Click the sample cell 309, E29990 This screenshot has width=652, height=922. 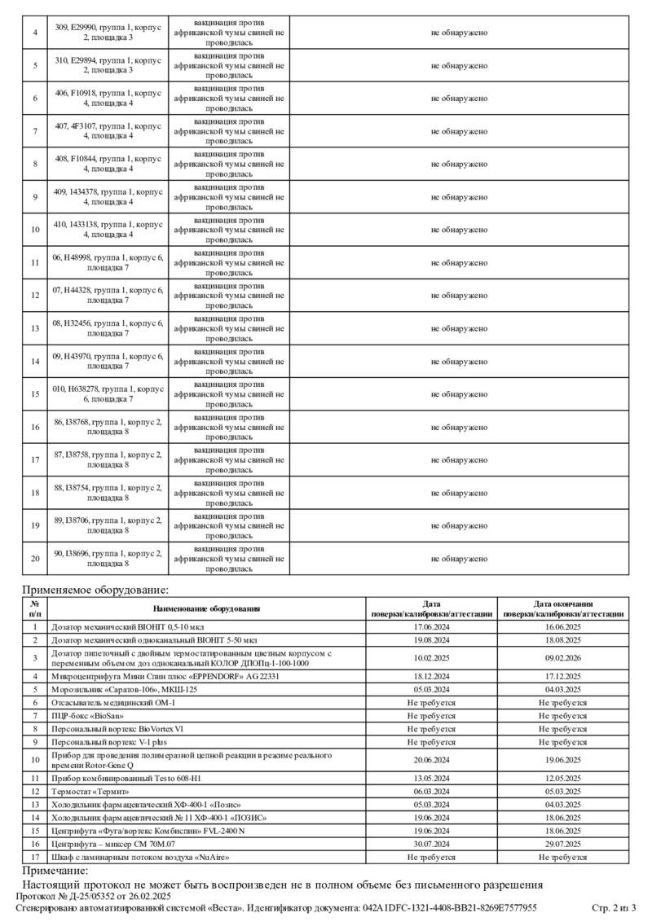click(108, 32)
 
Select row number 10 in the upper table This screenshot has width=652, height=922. click(35, 230)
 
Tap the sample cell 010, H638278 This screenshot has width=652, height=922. click(108, 394)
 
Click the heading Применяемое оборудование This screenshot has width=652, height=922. click(95, 590)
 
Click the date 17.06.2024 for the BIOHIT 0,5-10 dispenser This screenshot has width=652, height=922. click(432, 627)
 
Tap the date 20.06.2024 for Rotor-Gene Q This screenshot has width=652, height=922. click(432, 760)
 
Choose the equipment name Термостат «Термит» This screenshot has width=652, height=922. click(90, 791)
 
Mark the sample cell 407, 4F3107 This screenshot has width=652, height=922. click(108, 131)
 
